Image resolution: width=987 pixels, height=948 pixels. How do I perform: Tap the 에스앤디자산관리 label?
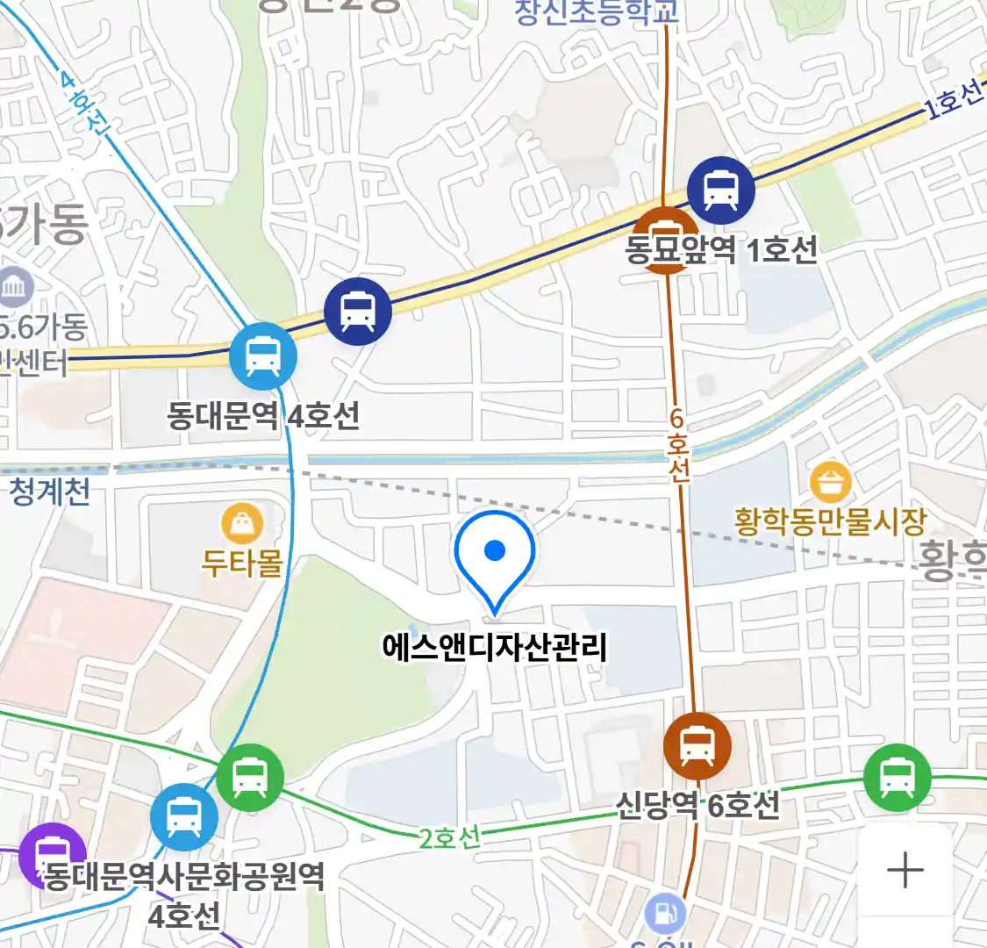coord(495,648)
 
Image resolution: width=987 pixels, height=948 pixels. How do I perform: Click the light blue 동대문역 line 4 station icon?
coord(262,356)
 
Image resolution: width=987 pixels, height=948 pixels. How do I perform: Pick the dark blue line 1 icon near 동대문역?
coord(357,311)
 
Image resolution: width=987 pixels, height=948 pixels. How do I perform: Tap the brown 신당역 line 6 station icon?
coord(697,746)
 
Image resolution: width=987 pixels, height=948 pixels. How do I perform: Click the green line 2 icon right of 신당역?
coord(897,777)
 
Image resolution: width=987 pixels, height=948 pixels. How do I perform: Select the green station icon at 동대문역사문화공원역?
coord(250,777)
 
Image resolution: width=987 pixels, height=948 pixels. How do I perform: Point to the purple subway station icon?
coord(51,854)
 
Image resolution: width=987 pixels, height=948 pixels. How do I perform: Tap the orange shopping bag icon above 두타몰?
coord(242,524)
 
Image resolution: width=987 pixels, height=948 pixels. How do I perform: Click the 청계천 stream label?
coord(50,492)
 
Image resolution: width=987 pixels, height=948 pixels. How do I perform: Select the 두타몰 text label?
coord(242,562)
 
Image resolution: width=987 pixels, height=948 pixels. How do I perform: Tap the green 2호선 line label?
coord(450,837)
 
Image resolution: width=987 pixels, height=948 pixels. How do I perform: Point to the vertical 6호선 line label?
coord(677,445)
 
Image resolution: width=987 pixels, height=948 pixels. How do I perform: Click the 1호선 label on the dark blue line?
coord(955,100)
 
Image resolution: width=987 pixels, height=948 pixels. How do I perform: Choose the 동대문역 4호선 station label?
coord(263,414)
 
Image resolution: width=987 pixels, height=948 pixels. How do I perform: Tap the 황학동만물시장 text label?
coord(830,521)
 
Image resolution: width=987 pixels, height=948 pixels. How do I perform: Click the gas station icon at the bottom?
coord(666,914)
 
